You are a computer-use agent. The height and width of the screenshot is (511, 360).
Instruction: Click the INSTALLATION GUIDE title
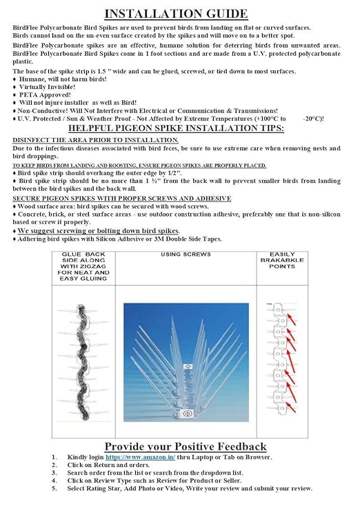click(176, 14)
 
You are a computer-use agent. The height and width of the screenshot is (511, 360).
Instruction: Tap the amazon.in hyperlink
click(140, 457)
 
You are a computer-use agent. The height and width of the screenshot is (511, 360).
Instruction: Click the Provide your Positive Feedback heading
click(186, 446)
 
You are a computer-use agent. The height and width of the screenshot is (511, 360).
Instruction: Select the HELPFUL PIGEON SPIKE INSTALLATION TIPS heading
click(176, 128)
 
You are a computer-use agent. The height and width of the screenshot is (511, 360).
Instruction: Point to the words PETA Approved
click(45, 95)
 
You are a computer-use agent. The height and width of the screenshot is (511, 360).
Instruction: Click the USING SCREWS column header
click(186, 254)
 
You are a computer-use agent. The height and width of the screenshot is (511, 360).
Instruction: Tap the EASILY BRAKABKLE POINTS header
click(282, 260)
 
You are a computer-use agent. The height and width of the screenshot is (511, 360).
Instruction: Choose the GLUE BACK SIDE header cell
click(83, 266)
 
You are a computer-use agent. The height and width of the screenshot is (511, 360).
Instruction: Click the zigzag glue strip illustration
click(82, 362)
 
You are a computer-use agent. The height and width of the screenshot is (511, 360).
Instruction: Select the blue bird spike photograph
click(186, 363)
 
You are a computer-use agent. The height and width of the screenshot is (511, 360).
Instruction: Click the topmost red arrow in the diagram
click(292, 319)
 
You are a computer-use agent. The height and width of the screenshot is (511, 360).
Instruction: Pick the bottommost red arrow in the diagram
click(291, 408)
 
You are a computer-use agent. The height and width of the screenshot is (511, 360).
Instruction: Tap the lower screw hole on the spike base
click(187, 414)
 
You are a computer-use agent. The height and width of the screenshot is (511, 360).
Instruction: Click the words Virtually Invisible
click(47, 87)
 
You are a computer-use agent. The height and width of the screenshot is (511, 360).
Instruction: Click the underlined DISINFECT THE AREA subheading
click(95, 140)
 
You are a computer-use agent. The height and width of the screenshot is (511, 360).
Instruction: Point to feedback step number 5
click(54, 488)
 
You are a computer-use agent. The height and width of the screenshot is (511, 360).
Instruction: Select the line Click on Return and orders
click(108, 465)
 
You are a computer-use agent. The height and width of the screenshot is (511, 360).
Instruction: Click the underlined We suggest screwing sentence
click(99, 231)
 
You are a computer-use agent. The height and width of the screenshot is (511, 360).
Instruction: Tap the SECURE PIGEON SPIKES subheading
click(122, 199)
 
